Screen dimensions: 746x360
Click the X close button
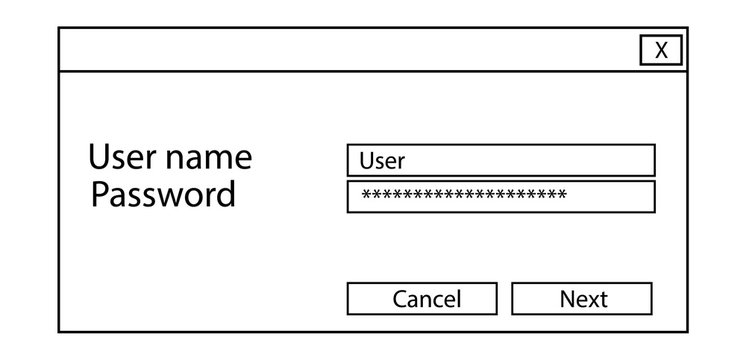coord(661,51)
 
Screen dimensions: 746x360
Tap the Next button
coord(582,298)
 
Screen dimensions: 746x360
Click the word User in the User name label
coord(119,158)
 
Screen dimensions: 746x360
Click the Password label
coord(163,194)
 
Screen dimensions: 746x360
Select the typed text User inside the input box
coord(381,160)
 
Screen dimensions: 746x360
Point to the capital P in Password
coord(99,194)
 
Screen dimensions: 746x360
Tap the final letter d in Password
coord(226,194)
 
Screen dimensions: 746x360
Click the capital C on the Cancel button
coord(400,299)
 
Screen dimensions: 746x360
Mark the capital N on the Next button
coord(567,299)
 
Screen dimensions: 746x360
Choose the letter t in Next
coord(603,299)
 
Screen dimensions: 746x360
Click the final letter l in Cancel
coord(458,298)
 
